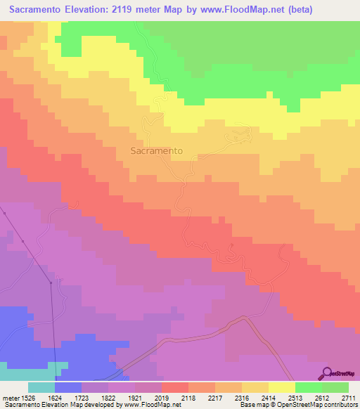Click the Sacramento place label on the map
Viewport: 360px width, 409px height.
[x=157, y=150]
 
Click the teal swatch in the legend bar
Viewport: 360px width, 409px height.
[x=41, y=387]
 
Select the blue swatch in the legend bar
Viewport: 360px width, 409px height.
[x=68, y=387]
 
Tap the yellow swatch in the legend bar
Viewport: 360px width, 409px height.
[x=282, y=387]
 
